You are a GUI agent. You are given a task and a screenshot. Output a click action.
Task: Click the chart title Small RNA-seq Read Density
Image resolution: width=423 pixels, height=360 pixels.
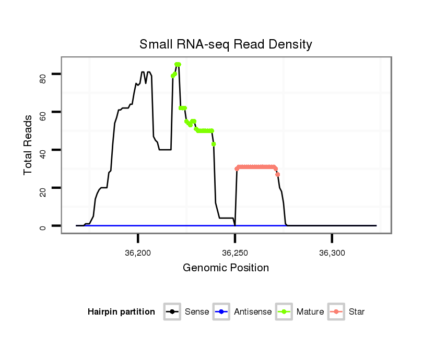coord(226,44)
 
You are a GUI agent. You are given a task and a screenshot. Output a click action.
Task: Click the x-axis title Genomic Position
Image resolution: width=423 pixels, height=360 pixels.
coord(226,268)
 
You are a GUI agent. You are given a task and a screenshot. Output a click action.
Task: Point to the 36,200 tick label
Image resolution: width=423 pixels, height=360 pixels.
coord(138,253)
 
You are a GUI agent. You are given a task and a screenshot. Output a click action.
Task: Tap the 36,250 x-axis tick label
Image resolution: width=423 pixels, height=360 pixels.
coord(235,253)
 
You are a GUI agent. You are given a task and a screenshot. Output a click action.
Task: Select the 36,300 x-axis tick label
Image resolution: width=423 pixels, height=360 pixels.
coord(332,253)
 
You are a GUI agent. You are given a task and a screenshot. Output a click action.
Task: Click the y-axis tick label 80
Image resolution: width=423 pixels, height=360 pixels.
coord(43,78)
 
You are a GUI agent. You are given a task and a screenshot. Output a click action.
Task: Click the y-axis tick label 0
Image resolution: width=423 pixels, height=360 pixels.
coord(43,226)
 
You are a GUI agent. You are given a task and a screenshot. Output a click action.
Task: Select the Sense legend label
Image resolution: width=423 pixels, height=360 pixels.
coord(197,312)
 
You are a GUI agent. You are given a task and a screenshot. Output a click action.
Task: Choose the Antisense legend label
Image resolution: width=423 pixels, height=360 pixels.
coord(253,312)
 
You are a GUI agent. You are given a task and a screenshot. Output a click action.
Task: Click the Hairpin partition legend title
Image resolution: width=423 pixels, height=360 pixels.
coord(121,312)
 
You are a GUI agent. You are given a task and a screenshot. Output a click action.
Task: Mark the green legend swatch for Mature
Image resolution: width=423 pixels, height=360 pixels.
coord(285,312)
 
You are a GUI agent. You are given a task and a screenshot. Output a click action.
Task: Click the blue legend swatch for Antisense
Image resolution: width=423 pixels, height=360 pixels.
coord(222,312)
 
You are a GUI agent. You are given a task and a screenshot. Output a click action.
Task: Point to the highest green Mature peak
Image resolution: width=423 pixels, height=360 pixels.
coord(178,64)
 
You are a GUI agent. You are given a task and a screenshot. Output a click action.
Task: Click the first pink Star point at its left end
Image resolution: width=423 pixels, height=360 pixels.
coord(237,169)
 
